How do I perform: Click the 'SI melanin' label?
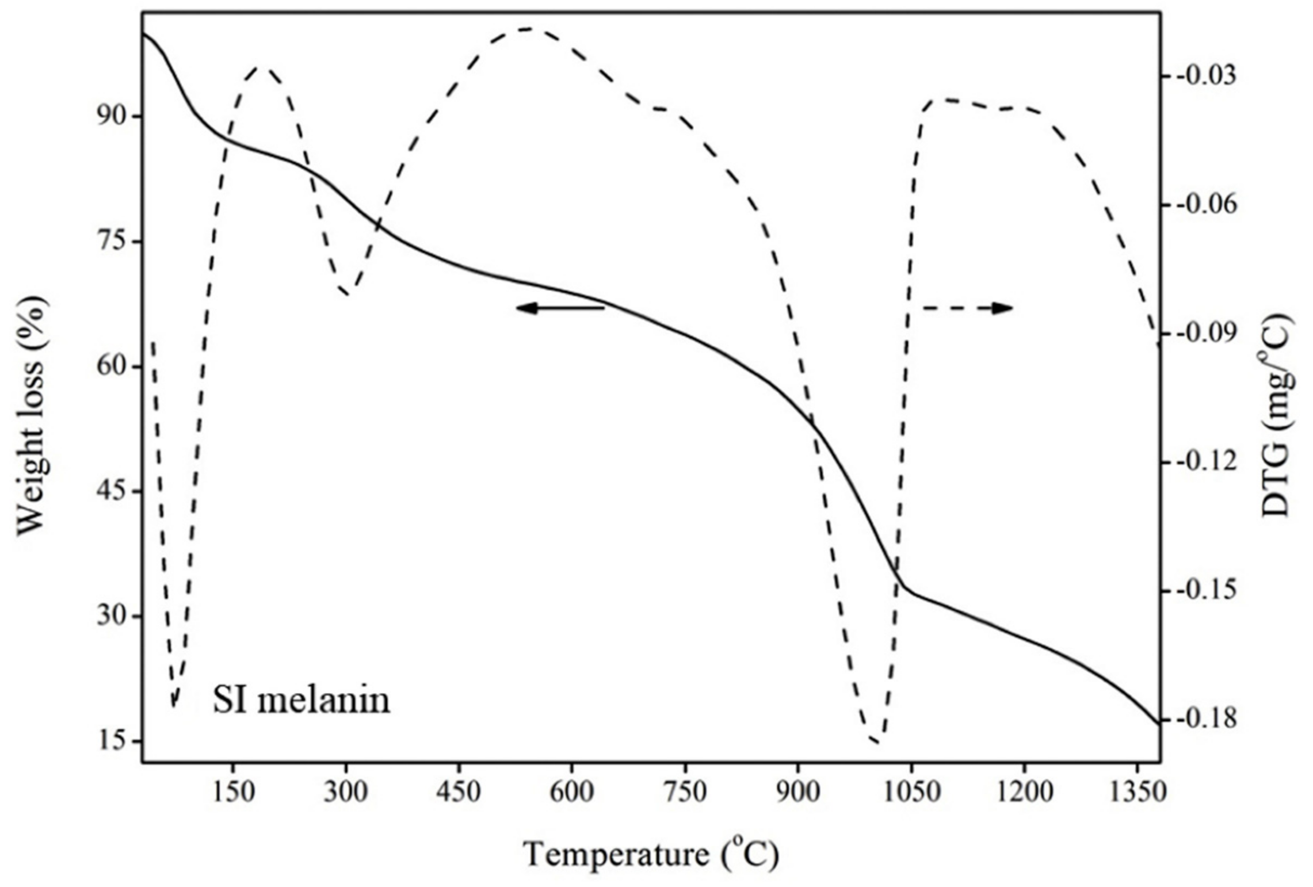[301, 701]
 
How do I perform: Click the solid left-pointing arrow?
[560, 308]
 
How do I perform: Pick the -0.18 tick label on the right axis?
[1207, 720]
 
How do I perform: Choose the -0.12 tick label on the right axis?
[1207, 462]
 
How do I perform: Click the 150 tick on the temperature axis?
[232, 793]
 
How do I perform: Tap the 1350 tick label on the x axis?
[1137, 793]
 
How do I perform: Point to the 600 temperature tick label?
[571, 793]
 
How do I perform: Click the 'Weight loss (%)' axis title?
[32, 416]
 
